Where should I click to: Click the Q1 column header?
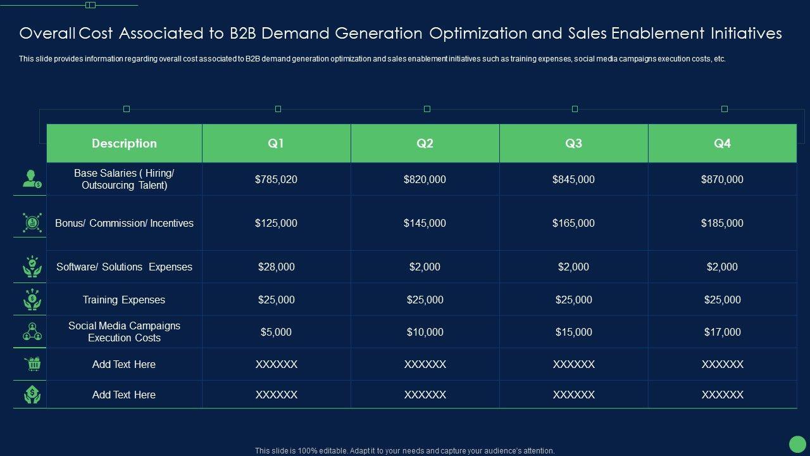click(276, 144)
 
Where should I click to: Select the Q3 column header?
click(573, 144)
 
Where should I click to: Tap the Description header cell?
click(124, 144)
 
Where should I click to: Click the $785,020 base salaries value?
click(276, 180)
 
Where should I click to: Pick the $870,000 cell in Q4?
click(722, 180)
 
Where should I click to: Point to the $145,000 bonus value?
click(425, 224)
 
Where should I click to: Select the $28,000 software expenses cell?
click(276, 267)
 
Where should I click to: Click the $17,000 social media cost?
click(722, 332)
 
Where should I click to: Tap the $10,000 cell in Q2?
click(425, 332)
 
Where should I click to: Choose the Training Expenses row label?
click(124, 300)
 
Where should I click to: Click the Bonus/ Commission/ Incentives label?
click(124, 224)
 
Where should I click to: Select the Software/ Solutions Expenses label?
click(124, 267)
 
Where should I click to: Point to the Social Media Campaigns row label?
click(124, 332)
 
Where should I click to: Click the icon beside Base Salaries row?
click(32, 179)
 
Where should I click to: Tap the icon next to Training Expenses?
click(32, 300)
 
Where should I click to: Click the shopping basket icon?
click(32, 364)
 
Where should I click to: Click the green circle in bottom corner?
click(797, 444)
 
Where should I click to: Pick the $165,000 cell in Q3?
click(573, 224)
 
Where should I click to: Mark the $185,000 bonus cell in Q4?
click(722, 224)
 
